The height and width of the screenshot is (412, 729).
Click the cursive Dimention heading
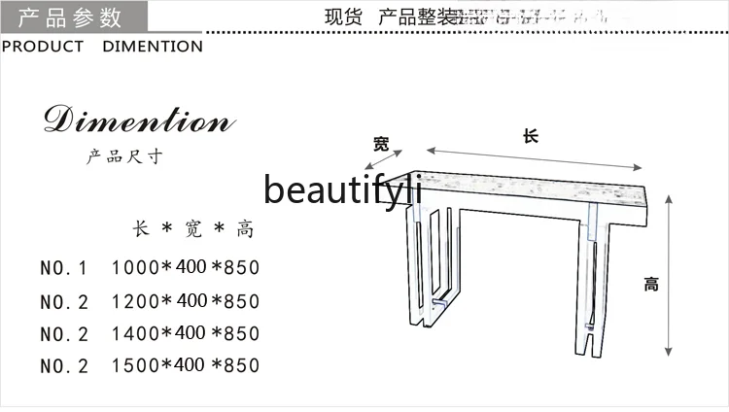point(138,122)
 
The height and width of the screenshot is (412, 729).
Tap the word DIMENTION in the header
point(153,47)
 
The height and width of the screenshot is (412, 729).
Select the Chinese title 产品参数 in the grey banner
point(70,17)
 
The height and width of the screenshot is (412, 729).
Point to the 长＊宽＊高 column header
point(193,230)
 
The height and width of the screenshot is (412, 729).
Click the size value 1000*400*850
point(186,267)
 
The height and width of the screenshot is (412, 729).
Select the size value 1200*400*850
point(186,300)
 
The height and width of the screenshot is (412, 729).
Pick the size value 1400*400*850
point(186,333)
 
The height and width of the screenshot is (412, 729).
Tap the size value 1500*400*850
point(186,365)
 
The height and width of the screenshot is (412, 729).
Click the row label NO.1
point(64,267)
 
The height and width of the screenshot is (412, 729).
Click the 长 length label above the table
point(530,137)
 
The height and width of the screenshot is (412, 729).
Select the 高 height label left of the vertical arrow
point(650,285)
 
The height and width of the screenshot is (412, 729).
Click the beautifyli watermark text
point(342,190)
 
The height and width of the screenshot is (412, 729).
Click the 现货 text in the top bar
point(336,17)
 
